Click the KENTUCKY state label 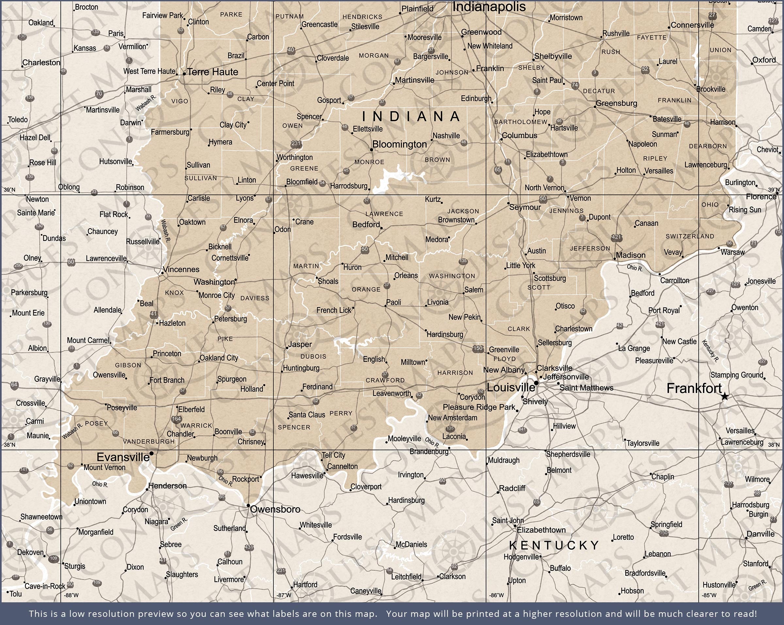(x=554, y=545)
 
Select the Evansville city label (x=123, y=457)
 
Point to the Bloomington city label (x=399, y=144)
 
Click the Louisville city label (x=511, y=387)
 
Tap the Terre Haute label (x=213, y=72)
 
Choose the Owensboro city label (x=275, y=509)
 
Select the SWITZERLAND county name (x=690, y=236)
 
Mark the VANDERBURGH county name (x=149, y=442)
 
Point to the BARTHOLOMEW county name (x=520, y=122)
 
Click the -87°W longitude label (x=284, y=595)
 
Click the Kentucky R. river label (x=710, y=351)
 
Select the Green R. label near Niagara (x=179, y=524)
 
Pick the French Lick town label (x=334, y=310)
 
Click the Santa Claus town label (x=306, y=415)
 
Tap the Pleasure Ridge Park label (x=479, y=407)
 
